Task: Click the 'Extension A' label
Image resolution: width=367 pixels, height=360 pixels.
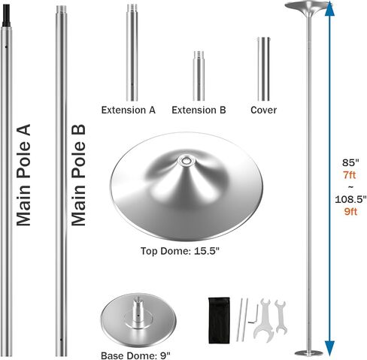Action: click(128, 110)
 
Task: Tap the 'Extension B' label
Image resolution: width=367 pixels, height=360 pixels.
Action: click(199, 110)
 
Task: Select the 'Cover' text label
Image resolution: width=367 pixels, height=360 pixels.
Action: click(264, 110)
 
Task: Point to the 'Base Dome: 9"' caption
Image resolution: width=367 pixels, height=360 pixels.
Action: click(135, 355)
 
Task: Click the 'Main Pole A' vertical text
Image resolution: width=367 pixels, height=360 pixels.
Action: click(23, 175)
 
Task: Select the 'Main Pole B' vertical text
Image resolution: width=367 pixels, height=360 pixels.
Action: click(78, 175)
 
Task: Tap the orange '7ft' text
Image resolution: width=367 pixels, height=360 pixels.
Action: click(350, 174)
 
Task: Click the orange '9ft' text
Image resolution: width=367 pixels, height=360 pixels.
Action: click(350, 212)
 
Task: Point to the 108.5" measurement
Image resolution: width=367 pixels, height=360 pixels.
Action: click(350, 199)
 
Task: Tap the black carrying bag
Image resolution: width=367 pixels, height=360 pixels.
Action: click(219, 320)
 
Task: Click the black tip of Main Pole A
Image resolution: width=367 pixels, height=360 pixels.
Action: click(6, 16)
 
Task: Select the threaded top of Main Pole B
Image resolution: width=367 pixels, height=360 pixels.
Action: click(61, 11)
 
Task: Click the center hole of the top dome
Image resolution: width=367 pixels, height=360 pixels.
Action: click(186, 160)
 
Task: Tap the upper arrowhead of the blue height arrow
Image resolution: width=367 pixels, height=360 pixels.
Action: click(329, 9)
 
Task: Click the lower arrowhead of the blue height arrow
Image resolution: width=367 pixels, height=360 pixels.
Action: click(329, 348)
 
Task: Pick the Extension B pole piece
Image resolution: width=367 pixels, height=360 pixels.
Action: click(199, 76)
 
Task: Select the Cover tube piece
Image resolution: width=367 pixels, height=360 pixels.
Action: click(264, 69)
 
